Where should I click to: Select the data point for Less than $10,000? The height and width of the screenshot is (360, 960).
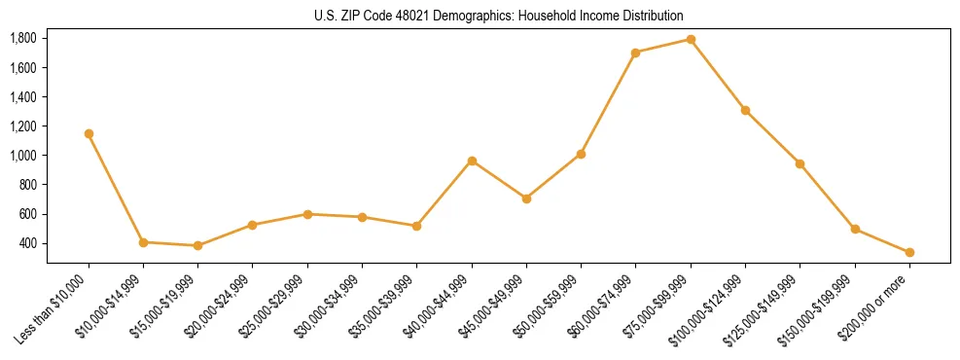click(x=89, y=133)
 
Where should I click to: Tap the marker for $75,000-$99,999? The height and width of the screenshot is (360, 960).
click(x=691, y=39)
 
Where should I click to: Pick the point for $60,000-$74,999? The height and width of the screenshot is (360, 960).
click(x=635, y=53)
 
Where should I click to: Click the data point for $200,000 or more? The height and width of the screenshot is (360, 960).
click(x=909, y=252)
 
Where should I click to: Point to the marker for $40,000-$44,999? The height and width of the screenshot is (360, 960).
click(x=472, y=161)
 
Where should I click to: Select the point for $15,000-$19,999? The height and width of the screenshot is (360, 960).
click(x=197, y=245)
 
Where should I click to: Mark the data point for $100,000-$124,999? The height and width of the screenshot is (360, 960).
click(x=745, y=110)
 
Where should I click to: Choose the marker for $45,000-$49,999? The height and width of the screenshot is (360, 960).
click(x=526, y=198)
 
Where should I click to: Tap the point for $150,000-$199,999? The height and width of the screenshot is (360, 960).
click(x=855, y=229)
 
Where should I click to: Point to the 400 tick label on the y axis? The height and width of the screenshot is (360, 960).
click(x=28, y=243)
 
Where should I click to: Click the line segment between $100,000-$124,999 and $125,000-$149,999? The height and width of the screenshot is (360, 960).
click(x=772, y=136)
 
